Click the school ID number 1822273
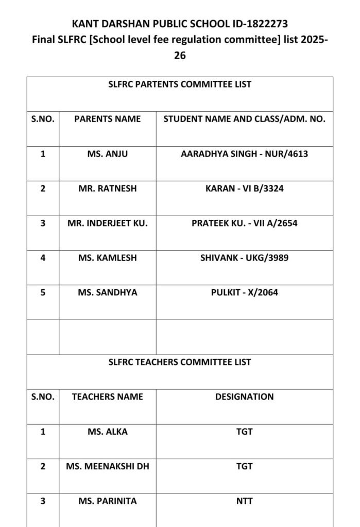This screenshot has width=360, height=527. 264,24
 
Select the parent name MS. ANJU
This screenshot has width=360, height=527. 107,153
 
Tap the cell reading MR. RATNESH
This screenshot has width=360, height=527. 107,188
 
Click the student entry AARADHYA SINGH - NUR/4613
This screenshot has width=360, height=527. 244,153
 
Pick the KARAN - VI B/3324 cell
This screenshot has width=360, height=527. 244,188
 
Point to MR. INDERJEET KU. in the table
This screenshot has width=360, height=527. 107,223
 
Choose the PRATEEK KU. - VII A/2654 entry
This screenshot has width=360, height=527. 244,223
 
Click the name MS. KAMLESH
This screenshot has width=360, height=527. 107,258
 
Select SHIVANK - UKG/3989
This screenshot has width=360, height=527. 244,258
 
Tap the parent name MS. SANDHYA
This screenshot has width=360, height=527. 107,292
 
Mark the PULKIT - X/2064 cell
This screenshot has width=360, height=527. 244,292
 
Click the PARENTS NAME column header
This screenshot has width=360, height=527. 107,119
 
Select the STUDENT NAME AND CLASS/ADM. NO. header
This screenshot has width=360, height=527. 244,119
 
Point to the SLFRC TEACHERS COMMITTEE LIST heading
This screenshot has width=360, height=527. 180,362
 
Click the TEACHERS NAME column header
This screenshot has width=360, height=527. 107,397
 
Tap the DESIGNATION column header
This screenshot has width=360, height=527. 244,397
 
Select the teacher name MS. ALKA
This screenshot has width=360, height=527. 107,431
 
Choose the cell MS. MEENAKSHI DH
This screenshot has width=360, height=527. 107,466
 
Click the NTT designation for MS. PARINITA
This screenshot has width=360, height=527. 244,501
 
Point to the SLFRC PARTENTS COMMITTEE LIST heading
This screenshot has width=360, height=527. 180,84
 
